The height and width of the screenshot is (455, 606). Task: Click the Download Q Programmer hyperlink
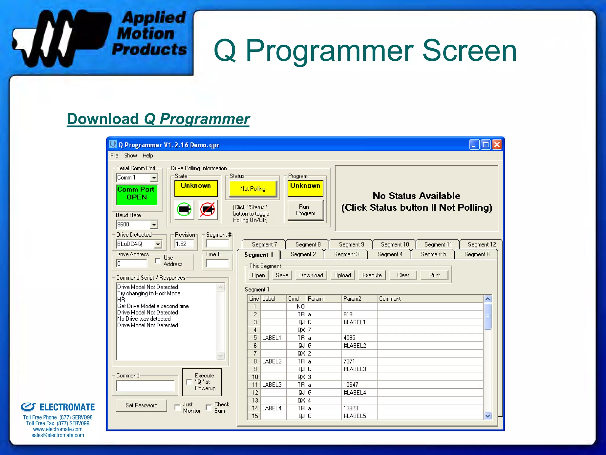[x=158, y=119]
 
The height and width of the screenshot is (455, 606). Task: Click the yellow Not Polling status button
[x=253, y=189]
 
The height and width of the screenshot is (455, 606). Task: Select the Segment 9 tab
[x=351, y=244]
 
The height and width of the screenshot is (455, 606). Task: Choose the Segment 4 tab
[x=390, y=254]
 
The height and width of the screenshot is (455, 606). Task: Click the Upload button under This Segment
[x=342, y=275]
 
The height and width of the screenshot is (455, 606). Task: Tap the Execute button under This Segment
[x=372, y=275]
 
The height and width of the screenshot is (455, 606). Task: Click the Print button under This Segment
[x=434, y=275]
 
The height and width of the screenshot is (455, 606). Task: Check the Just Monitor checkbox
[x=178, y=408]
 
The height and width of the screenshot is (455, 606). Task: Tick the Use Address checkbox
[x=158, y=261]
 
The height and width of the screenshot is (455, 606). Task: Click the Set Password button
[x=141, y=405]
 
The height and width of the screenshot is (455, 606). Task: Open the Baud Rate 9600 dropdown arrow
[x=154, y=225]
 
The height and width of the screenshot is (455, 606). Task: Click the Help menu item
[x=148, y=156]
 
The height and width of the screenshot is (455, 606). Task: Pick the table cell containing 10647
[x=351, y=385]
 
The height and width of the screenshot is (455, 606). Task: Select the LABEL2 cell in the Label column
[x=272, y=361]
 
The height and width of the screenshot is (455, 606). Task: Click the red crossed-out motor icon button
[x=207, y=210]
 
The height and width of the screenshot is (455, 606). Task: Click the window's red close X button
[x=497, y=145]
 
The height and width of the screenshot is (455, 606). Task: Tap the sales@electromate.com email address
[x=58, y=435]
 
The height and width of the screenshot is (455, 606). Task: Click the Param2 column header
[x=352, y=299]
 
